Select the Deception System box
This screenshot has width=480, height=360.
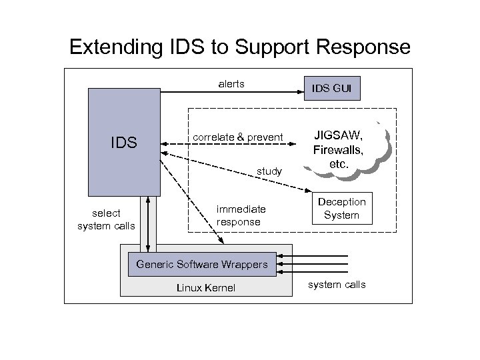click(341, 209)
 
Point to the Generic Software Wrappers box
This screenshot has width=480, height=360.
click(201, 264)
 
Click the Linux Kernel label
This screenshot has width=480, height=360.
click(205, 287)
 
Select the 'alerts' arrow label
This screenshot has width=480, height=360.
click(231, 84)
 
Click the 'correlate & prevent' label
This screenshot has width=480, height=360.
click(238, 138)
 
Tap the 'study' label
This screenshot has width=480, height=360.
click(270, 172)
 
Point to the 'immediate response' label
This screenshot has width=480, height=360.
click(241, 215)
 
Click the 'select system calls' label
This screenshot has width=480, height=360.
click(106, 219)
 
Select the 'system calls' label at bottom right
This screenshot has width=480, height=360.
click(337, 285)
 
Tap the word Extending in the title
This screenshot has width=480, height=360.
click(112, 47)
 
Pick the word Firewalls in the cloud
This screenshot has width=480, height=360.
click(339, 149)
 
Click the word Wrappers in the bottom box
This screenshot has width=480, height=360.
click(243, 264)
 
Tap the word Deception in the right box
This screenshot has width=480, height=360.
click(341, 201)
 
